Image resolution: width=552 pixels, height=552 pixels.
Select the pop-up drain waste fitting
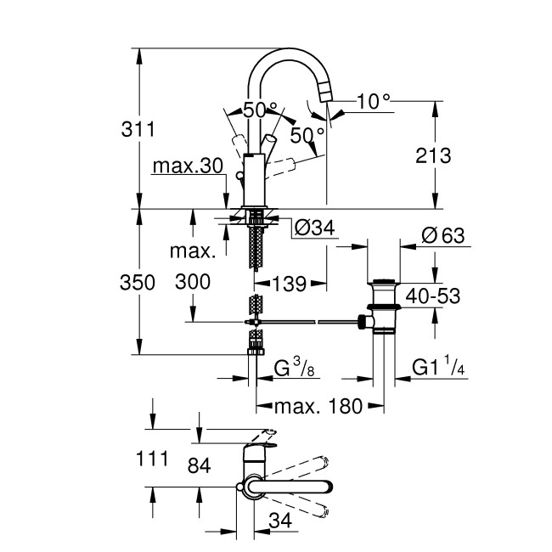click(x=383, y=309)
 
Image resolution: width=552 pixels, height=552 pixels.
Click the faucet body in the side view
click(x=254, y=179)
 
